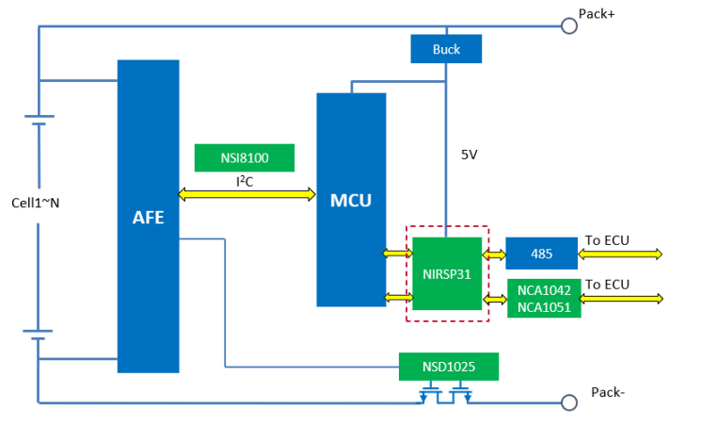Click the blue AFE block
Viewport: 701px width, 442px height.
point(148,217)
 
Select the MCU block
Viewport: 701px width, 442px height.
point(351,200)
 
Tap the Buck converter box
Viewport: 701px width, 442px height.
point(446,49)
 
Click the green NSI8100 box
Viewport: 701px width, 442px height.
point(245,157)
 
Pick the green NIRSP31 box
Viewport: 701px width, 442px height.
point(447,274)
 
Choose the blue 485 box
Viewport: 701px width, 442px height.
point(541,254)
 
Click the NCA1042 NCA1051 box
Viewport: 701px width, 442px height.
point(544,298)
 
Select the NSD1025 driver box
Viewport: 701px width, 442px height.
point(447,366)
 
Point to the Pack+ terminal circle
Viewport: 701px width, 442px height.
point(568,25)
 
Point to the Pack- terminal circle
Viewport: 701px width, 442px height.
point(568,402)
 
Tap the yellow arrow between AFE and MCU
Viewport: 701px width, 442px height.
point(247,194)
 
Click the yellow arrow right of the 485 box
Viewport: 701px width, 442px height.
point(622,254)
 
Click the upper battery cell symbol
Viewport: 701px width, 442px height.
point(38,121)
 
